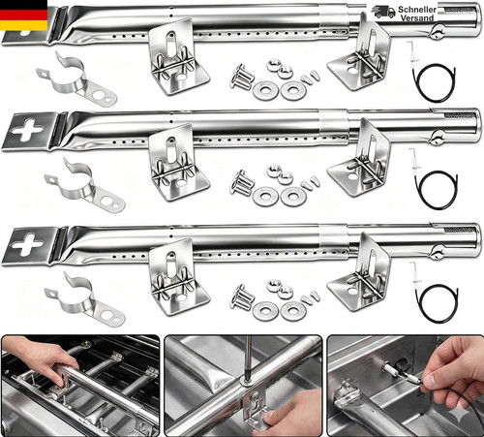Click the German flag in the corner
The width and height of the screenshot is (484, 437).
click(x=23, y=16)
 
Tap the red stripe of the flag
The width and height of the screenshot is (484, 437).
click(x=23, y=16)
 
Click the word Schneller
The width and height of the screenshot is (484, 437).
click(x=417, y=10)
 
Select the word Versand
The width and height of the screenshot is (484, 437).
click(x=417, y=18)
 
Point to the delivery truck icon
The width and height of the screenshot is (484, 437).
click(x=383, y=12)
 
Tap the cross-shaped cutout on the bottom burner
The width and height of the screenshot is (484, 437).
click(x=26, y=244)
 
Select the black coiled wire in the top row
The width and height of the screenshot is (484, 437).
click(x=433, y=82)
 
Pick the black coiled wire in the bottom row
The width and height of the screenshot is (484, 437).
click(x=437, y=303)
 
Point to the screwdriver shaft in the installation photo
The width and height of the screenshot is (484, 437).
click(x=248, y=358)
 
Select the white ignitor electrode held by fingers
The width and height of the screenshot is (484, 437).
click(x=400, y=370)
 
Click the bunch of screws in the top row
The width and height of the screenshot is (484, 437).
click(x=241, y=77)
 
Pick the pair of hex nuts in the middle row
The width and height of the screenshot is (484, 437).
click(x=280, y=174)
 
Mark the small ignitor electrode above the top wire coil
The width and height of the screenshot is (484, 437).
click(x=414, y=52)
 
